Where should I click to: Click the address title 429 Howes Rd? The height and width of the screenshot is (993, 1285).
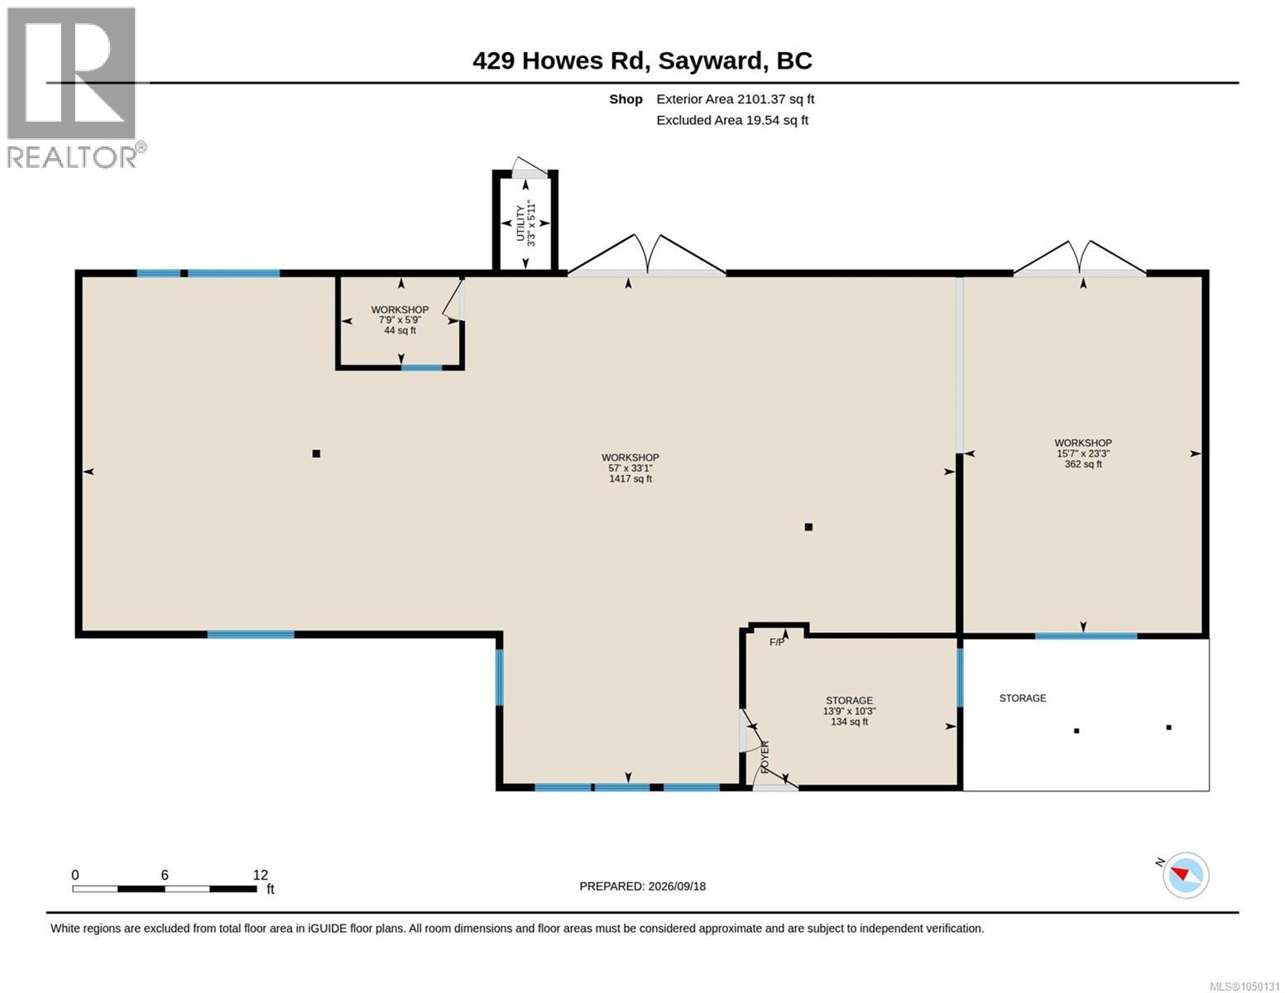click(x=561, y=61)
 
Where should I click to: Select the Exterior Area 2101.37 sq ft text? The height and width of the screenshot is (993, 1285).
click(x=735, y=99)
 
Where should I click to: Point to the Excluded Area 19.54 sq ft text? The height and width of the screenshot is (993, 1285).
click(x=732, y=120)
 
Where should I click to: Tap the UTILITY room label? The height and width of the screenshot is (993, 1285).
click(x=520, y=223)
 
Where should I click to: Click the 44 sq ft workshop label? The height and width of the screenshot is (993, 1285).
click(x=400, y=331)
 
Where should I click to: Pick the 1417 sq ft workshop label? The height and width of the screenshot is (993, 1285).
click(x=631, y=478)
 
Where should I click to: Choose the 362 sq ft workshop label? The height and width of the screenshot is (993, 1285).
click(x=1083, y=464)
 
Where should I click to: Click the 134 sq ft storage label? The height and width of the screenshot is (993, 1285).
click(x=849, y=722)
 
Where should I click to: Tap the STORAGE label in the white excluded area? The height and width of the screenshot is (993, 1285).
click(x=1023, y=698)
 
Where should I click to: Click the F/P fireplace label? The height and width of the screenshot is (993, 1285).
click(x=776, y=642)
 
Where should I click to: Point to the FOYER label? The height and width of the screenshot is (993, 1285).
click(x=764, y=757)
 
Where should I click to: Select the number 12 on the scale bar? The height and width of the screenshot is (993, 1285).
click(x=260, y=875)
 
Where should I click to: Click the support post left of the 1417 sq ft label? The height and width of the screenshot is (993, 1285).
click(x=316, y=453)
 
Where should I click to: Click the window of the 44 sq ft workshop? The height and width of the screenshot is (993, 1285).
click(x=422, y=368)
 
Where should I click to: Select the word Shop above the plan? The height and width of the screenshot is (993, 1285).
click(x=626, y=99)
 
